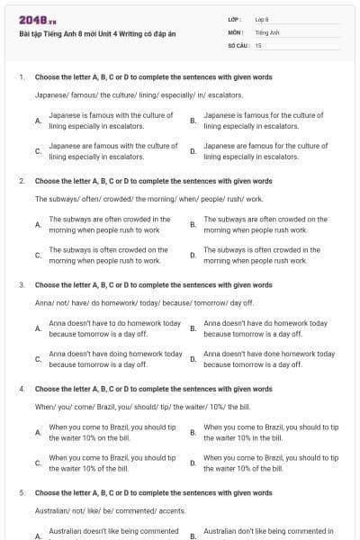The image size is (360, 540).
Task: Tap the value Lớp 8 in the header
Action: (262, 18)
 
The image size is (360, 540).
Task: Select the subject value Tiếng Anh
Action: (264, 31)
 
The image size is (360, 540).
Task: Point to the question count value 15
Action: (258, 44)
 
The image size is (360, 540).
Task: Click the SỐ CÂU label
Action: (237, 44)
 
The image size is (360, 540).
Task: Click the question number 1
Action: (21, 76)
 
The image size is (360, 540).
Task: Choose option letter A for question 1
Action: (38, 120)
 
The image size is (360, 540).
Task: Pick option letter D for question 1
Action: (193, 150)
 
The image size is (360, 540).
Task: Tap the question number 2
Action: (21, 180)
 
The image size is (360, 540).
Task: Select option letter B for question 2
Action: (193, 223)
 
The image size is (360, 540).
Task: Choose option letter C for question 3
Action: (38, 359)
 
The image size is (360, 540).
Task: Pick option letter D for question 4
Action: (193, 463)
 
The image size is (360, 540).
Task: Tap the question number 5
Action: (21, 492)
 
